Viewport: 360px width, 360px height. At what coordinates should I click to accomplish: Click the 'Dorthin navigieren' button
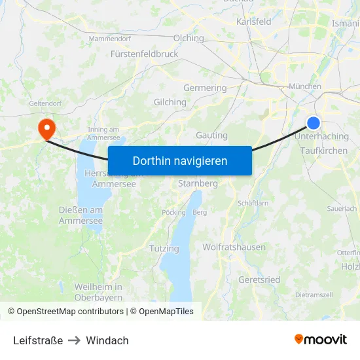pyautogui.click(x=179, y=160)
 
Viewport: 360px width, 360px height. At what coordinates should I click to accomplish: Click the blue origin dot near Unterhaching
pyautogui.click(x=314, y=123)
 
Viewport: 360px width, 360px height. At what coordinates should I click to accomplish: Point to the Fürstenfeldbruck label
pyautogui.click(x=144, y=54)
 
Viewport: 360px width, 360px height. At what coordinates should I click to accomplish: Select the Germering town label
pyautogui.click(x=205, y=88)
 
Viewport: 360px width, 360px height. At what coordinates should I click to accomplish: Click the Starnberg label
pyautogui.click(x=198, y=184)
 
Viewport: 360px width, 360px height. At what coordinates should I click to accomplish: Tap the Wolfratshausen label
pyautogui.click(x=234, y=247)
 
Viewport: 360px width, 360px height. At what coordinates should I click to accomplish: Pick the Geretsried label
pyautogui.click(x=259, y=279)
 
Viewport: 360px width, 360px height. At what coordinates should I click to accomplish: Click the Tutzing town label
pyautogui.click(x=164, y=249)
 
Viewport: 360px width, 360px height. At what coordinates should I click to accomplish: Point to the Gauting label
pyautogui.click(x=212, y=135)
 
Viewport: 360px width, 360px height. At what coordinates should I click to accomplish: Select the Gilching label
pyautogui.click(x=170, y=102)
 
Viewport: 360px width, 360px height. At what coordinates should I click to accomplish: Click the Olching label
pyautogui.click(x=189, y=38)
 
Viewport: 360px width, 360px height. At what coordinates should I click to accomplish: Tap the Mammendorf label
pyautogui.click(x=109, y=39)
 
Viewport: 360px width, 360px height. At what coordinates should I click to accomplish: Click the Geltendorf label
pyautogui.click(x=45, y=103)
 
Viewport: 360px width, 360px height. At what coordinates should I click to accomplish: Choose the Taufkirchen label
pyautogui.click(x=324, y=151)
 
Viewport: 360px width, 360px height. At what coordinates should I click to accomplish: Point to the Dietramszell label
pyautogui.click(x=314, y=295)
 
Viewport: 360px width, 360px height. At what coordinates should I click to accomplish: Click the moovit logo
pyautogui.click(x=320, y=340)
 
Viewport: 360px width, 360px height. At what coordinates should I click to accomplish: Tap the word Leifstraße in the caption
pyautogui.click(x=38, y=340)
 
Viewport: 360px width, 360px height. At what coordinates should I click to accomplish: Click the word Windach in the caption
pyautogui.click(x=107, y=340)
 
